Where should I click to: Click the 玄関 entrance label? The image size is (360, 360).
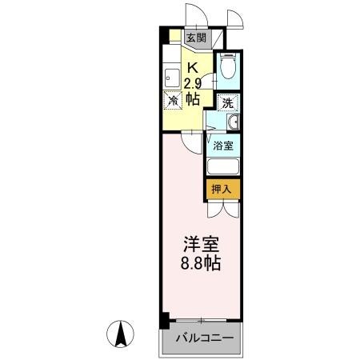pyautogui.click(x=196, y=37)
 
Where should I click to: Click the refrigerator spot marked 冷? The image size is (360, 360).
pyautogui.click(x=173, y=101)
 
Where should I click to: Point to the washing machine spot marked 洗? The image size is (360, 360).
pyautogui.click(x=228, y=102)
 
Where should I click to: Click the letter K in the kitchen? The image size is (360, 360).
pyautogui.click(x=192, y=68)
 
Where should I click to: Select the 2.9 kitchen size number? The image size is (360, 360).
pyautogui.click(x=192, y=84)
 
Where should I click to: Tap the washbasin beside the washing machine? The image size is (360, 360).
pyautogui.click(x=232, y=122)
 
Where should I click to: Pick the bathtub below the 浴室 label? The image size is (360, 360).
pyautogui.click(x=224, y=168)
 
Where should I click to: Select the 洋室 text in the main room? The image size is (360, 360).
pyautogui.click(x=195, y=242)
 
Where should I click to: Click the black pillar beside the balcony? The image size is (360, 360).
pyautogui.click(x=163, y=320)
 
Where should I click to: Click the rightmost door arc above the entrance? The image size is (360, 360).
pyautogui.click(x=234, y=18)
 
